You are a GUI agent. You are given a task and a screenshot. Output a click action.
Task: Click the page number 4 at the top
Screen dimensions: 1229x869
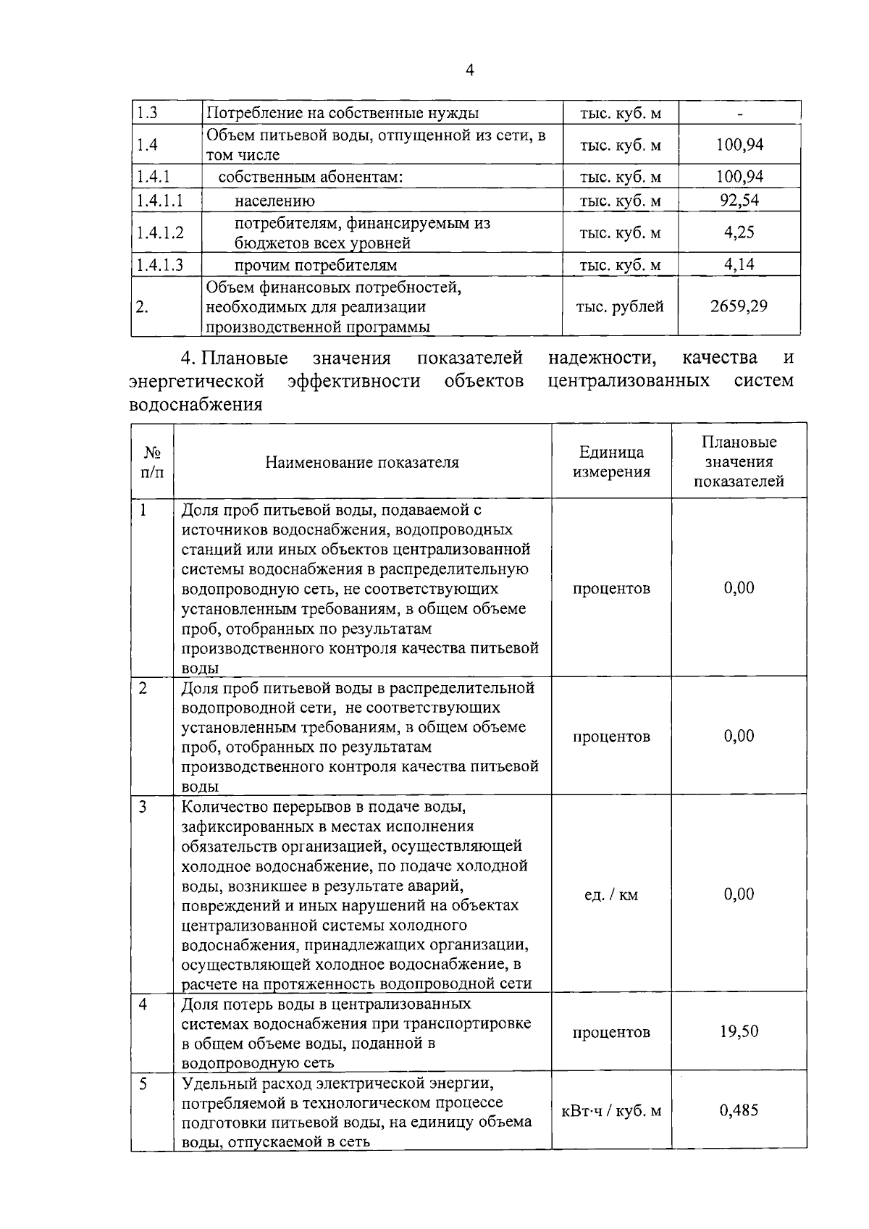click(x=470, y=70)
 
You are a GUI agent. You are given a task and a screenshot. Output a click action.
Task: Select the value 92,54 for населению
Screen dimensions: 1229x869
click(x=739, y=201)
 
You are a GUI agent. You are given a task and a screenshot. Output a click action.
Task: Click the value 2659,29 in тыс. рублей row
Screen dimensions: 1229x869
click(x=739, y=306)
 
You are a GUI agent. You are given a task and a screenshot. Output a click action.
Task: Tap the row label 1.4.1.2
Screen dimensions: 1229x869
click(x=160, y=232)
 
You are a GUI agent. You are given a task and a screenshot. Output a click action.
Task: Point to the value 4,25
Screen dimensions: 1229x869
click(x=739, y=232)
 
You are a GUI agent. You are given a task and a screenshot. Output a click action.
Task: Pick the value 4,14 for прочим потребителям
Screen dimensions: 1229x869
click(x=739, y=264)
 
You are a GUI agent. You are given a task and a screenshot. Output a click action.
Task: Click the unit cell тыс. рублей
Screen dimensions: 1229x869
click(x=620, y=306)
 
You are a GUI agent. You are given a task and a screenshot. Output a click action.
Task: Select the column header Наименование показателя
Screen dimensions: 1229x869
click(x=362, y=462)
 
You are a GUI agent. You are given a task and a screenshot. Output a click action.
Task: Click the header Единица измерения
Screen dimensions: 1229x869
click(x=611, y=462)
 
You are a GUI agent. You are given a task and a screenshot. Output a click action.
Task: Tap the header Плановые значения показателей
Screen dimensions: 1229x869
click(x=739, y=462)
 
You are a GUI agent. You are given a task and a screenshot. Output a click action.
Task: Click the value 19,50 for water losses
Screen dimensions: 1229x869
click(x=739, y=1031)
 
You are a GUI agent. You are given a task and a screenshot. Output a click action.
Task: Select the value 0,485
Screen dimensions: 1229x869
click(x=739, y=1110)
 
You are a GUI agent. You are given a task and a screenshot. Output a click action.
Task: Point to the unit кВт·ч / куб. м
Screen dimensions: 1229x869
click(x=611, y=1111)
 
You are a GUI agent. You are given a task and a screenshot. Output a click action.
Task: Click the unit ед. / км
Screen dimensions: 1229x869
click(x=611, y=895)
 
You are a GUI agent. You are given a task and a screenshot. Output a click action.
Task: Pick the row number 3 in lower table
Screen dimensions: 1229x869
click(x=143, y=806)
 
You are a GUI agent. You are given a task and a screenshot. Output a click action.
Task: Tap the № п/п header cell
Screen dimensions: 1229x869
click(x=152, y=462)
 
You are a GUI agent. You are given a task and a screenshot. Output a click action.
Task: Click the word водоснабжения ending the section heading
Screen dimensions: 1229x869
click(x=196, y=404)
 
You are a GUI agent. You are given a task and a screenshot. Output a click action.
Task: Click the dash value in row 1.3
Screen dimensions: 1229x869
click(x=739, y=114)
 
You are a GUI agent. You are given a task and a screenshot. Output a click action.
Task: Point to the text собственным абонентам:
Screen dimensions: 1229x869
click(x=311, y=177)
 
